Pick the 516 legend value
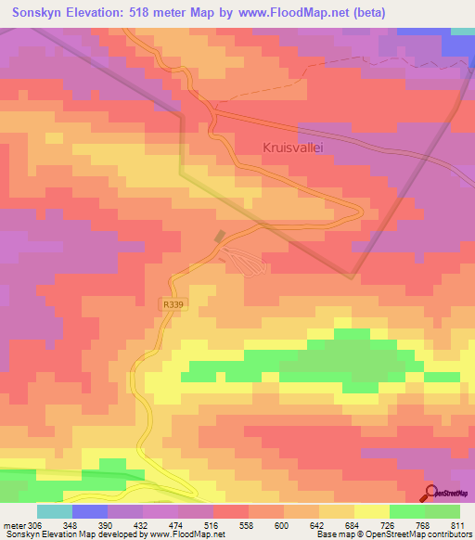tap(212, 525)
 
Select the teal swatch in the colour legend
tap(54, 511)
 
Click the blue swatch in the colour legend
tap(89, 511)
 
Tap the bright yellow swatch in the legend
tap(372, 511)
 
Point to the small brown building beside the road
tap(220, 238)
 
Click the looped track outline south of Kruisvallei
tap(248, 263)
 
